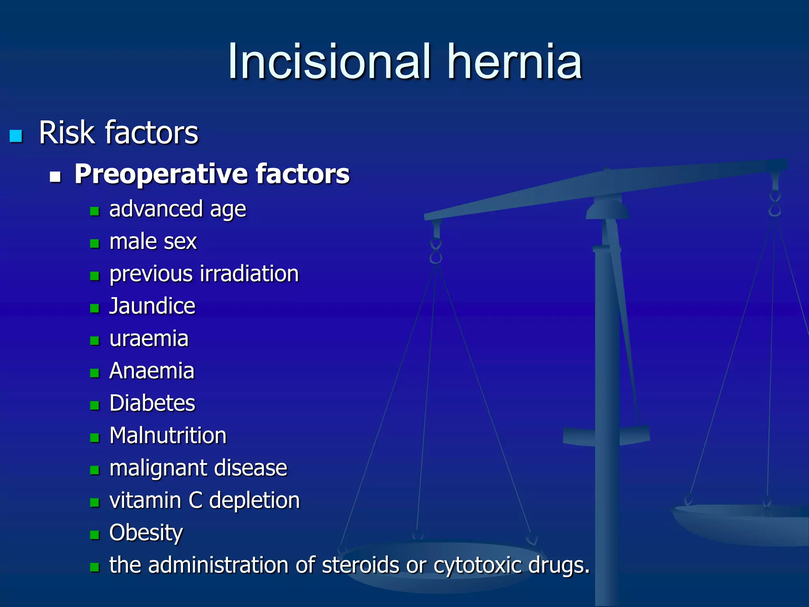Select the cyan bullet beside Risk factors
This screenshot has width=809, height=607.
point(16,136)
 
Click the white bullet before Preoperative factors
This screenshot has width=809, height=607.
point(55,176)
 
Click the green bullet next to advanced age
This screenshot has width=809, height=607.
point(94,211)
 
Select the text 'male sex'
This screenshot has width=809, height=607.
point(153,241)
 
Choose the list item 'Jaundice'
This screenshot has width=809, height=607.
point(152,306)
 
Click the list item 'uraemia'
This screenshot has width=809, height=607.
point(149,339)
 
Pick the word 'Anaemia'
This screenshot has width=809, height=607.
point(152,371)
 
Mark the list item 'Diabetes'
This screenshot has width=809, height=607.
point(152,403)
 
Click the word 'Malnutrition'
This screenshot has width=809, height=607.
point(168,435)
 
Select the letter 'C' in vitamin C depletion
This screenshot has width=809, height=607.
point(196,500)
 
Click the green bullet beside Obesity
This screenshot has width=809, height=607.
point(94,535)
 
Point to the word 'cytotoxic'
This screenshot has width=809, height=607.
point(478,566)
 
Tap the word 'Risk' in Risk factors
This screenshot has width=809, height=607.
point(67,133)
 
